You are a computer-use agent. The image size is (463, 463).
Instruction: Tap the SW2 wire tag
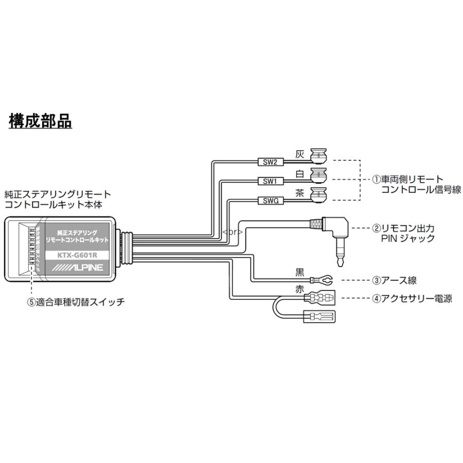coord(270,162)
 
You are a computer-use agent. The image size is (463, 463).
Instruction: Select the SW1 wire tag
coord(270,181)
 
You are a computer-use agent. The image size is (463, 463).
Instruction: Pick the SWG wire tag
coord(270,201)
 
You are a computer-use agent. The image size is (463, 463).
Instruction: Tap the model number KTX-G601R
coord(79,254)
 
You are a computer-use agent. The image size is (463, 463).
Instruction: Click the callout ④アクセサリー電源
coord(412,298)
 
